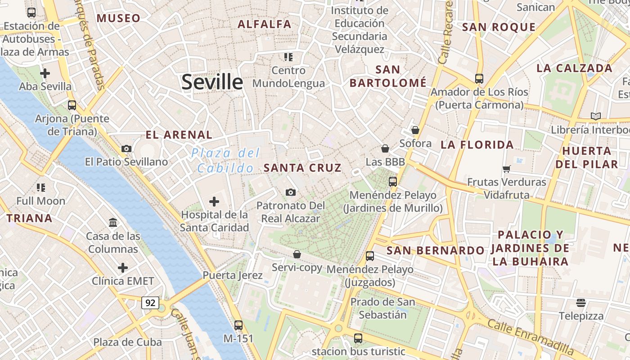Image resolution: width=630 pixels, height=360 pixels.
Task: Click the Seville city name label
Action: tap(212, 82)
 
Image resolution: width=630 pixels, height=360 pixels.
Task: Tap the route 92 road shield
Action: tap(150, 303)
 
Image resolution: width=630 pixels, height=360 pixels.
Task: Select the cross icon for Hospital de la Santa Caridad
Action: tap(214, 201)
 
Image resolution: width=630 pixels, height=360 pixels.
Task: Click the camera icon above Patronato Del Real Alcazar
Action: tap(291, 193)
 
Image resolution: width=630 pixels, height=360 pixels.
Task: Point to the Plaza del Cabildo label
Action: tap(225, 161)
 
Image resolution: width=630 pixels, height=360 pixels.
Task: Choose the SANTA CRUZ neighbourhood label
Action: tap(302, 168)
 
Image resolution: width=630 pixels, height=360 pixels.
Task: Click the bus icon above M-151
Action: tap(238, 325)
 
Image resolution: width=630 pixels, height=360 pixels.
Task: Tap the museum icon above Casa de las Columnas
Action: tap(113, 222)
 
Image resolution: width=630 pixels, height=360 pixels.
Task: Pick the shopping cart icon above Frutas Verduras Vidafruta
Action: tap(507, 169)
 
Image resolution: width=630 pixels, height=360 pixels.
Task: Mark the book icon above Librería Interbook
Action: tap(596, 117)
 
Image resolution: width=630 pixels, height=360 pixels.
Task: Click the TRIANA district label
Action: tap(29, 219)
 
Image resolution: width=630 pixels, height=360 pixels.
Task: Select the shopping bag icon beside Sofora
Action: tap(415, 130)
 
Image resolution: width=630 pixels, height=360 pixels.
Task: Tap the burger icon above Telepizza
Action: tap(581, 302)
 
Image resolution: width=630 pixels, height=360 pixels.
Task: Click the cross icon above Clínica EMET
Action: tap(123, 268)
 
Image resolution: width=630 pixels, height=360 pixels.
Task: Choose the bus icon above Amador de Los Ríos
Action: tap(479, 79)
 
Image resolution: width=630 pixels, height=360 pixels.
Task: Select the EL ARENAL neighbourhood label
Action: tap(179, 135)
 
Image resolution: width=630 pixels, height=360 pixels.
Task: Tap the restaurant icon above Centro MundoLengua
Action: tap(288, 57)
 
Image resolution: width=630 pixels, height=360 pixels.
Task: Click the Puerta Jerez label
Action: tap(232, 275)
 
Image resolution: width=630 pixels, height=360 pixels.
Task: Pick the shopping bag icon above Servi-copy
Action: tap(297, 254)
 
